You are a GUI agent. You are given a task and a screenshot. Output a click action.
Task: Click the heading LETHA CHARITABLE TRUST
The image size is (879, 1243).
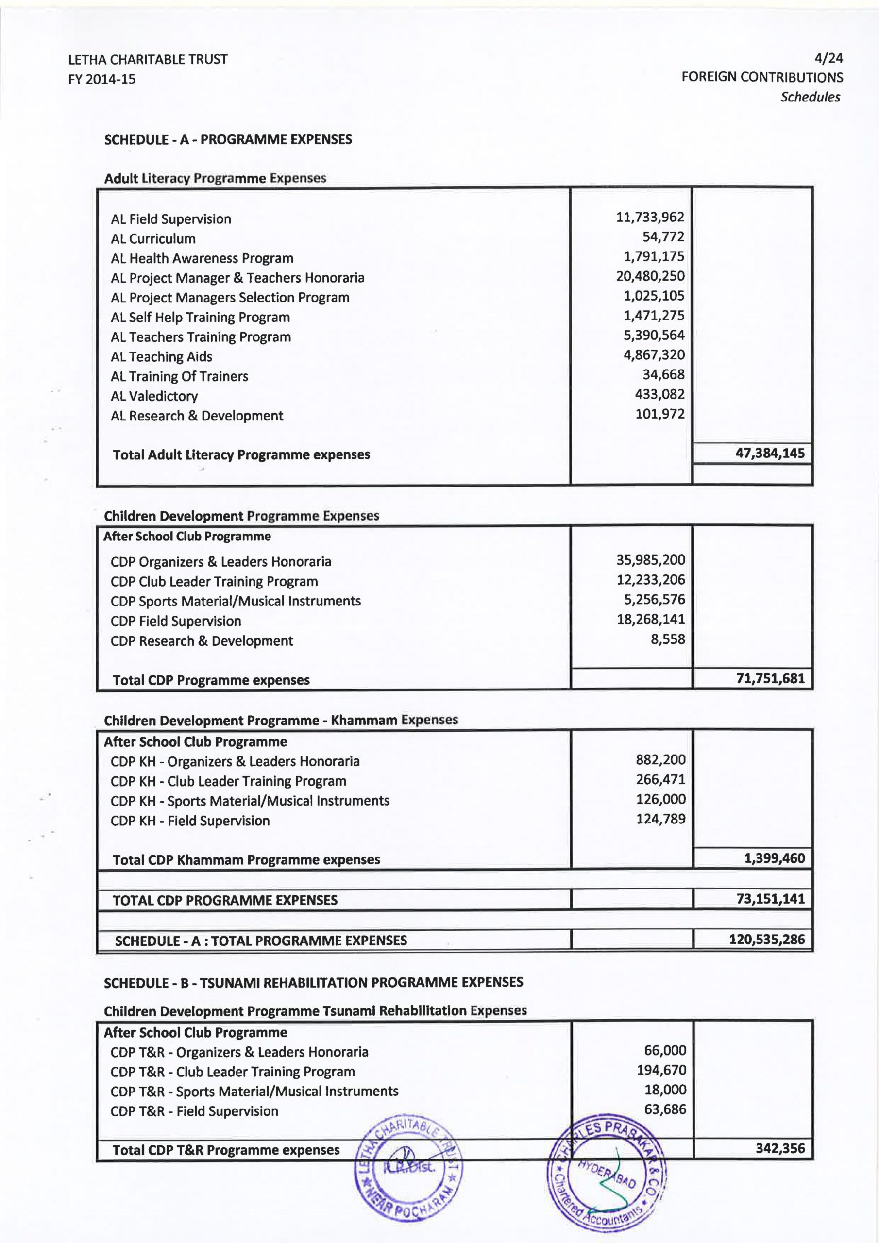coord(148,59)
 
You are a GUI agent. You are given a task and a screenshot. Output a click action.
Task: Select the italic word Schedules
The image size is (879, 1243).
coord(810,97)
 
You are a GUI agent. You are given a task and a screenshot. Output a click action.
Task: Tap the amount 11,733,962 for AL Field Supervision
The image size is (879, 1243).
coord(650,217)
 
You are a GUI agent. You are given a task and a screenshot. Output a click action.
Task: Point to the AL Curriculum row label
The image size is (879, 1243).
coord(153,239)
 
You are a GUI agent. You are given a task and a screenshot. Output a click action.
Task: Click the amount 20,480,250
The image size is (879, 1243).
coord(650,276)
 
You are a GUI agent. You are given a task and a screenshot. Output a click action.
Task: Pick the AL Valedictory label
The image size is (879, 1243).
coord(154,396)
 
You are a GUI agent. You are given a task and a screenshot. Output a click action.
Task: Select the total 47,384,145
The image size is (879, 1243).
coord(770,453)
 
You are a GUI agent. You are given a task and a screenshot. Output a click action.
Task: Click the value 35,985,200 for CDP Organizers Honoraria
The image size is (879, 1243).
coord(650,560)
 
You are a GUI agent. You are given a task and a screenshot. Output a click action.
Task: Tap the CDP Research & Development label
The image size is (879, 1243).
coord(202,641)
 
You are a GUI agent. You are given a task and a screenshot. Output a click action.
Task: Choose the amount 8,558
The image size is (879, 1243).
coord(668,639)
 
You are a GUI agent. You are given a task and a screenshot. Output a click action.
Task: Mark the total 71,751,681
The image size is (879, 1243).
coord(770,678)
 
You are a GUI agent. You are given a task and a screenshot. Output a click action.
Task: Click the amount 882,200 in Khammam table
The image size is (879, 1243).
coord(660,759)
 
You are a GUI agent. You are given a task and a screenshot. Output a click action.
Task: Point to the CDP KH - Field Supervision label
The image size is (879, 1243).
coord(190,821)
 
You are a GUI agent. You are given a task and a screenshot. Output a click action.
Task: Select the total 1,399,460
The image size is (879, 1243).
coord(775,858)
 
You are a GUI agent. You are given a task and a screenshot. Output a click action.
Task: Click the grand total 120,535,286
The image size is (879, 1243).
coord(767,939)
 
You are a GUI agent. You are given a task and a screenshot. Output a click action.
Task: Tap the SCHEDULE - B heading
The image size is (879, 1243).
coord(313,983)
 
